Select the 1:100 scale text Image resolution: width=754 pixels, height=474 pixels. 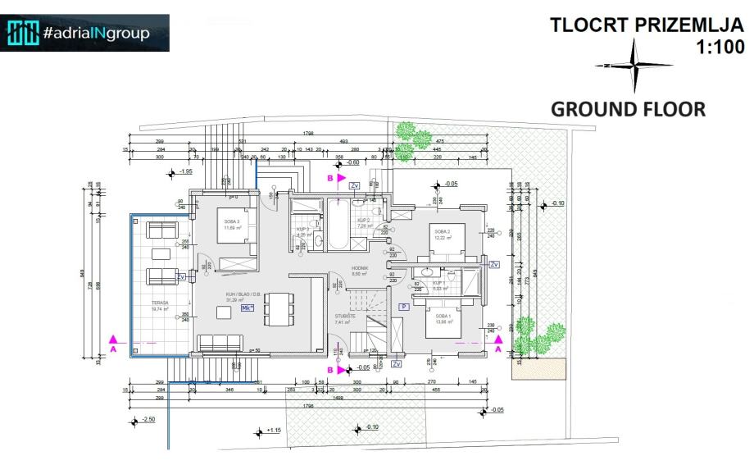click(x=720, y=48)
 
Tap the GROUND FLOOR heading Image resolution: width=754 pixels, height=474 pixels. click(x=628, y=109)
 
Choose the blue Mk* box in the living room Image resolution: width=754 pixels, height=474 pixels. click(x=248, y=308)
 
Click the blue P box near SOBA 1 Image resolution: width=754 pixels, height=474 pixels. click(x=404, y=306)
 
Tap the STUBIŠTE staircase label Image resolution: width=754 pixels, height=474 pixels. click(x=343, y=316)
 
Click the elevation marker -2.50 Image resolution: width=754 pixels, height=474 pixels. click(x=148, y=419)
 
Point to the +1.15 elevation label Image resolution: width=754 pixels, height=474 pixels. click(x=273, y=430)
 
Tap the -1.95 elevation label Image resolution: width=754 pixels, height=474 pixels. click(x=184, y=171)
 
